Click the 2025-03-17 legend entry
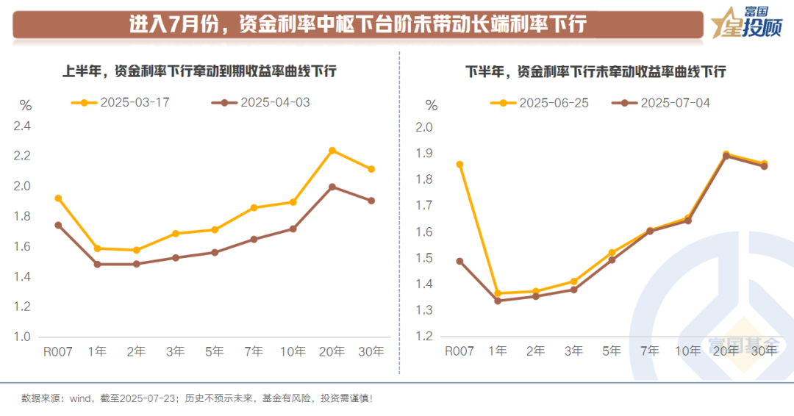tap(121, 102)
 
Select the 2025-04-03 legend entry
tap(261, 102)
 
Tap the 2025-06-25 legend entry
tap(540, 102)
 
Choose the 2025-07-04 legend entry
tap(662, 102)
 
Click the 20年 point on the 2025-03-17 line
tap(332, 151)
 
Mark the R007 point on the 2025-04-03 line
tap(58, 225)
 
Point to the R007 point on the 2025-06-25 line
tap(460, 165)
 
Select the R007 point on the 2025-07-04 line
tap(460, 261)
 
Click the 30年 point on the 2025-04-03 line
tap(371, 201)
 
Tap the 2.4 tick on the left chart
tap(22, 126)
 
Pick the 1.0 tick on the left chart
tap(22, 337)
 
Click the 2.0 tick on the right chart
tap(425, 127)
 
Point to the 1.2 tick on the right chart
tap(425, 337)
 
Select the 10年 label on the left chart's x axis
tap(293, 352)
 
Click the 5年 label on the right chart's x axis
tap(612, 352)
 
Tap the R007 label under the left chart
tap(58, 352)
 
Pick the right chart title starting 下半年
tap(595, 71)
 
